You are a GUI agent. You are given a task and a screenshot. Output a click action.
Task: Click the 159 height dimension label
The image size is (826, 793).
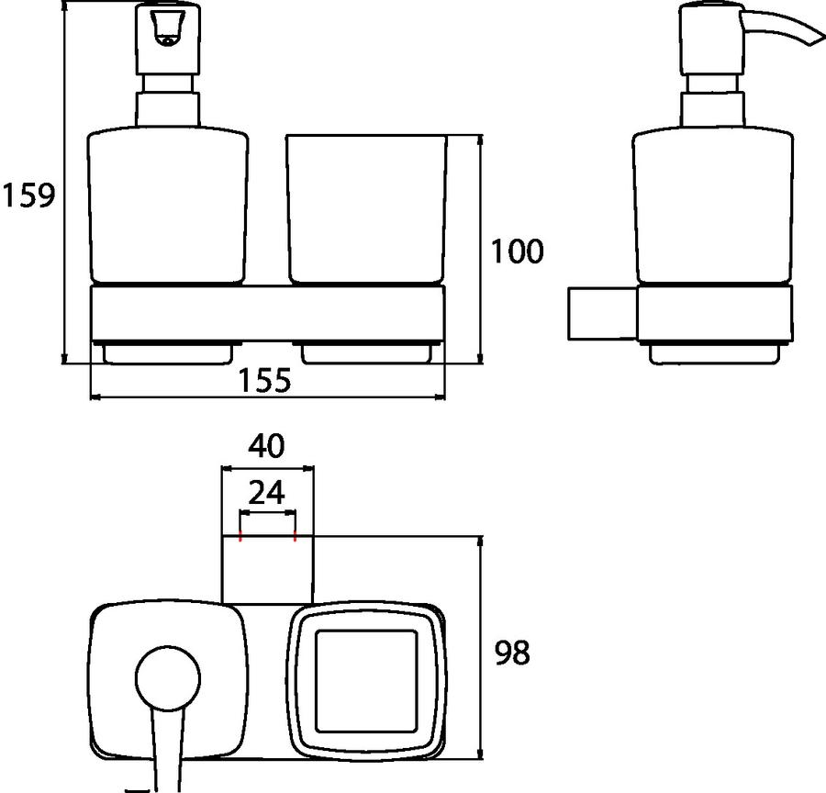pos(28,195)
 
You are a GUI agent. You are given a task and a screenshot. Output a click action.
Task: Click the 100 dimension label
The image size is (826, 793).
pos(517,251)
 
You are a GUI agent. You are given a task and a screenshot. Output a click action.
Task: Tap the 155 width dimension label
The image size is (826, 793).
pos(264,380)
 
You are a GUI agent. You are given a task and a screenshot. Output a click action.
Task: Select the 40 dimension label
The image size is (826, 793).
pos(266,446)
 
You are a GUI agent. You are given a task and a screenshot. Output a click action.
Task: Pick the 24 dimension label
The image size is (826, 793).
pos(266,493)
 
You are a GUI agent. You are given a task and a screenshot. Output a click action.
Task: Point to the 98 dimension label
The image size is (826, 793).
pos(512,653)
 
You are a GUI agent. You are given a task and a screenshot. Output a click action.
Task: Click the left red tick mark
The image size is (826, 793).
pos(240,538)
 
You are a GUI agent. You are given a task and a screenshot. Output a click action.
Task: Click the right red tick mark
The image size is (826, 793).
pos(295,538)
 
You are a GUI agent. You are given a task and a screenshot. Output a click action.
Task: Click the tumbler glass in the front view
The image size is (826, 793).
pos(366,209)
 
